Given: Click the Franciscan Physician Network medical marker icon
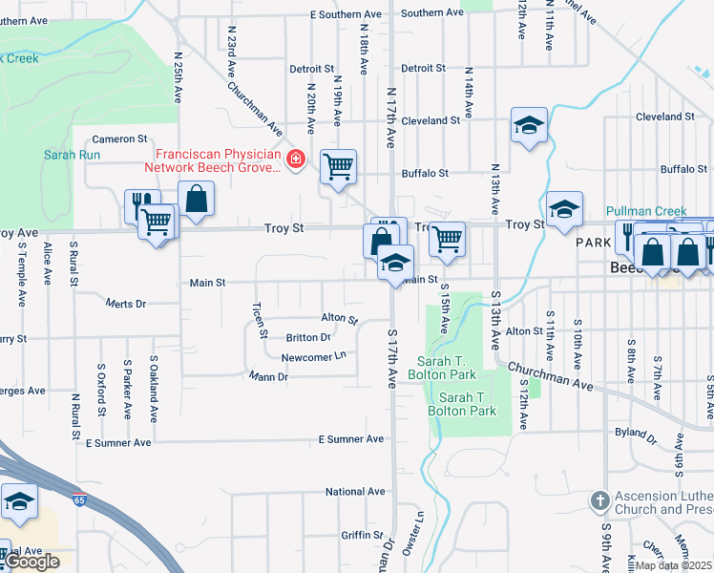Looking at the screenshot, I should tap(296, 158).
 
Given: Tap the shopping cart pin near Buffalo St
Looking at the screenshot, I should tap(339, 167).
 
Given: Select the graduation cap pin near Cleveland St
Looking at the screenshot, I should tap(528, 125).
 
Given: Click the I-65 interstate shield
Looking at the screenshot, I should tap(79, 499).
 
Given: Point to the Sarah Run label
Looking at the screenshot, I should tap(72, 154).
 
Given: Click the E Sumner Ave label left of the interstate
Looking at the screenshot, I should tap(118, 443).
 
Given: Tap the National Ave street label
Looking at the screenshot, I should tap(354, 492).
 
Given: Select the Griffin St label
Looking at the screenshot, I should tap(362, 535).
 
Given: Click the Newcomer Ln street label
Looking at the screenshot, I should tap(313, 357).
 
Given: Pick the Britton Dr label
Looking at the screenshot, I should tap(308, 337).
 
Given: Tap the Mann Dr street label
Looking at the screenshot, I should tap(268, 376).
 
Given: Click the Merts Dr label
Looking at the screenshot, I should tap(126, 304).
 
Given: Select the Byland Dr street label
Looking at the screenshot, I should tap(632, 433).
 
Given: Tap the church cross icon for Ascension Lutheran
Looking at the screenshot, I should tap(599, 500).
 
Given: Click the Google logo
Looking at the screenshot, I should tap(31, 562).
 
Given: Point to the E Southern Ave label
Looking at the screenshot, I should tap(347, 14).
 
